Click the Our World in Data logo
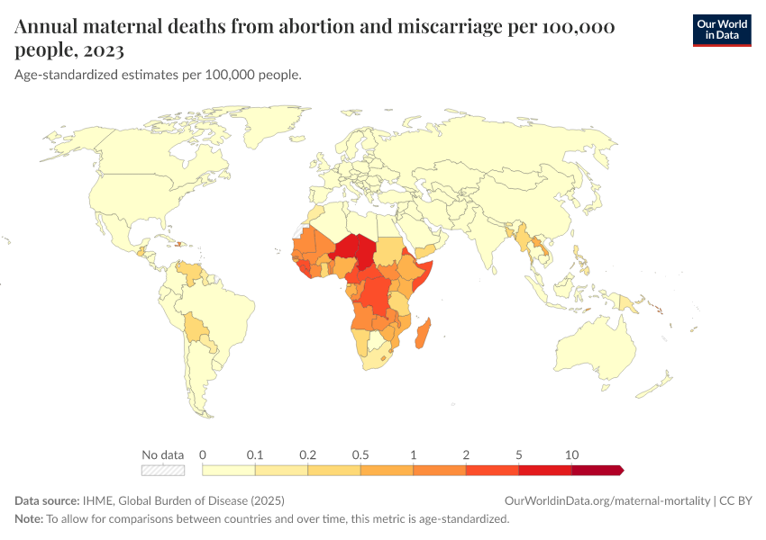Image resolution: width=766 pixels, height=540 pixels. (x=721, y=29)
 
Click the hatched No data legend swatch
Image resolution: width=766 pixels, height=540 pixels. (x=163, y=469)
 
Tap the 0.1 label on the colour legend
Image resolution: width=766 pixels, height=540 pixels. (x=255, y=454)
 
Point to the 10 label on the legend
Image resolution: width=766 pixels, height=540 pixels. (x=571, y=454)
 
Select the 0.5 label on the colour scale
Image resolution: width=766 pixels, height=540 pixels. (x=360, y=454)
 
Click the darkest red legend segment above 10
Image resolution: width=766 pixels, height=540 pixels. (x=597, y=469)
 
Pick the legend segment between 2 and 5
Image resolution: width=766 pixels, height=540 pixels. (x=492, y=469)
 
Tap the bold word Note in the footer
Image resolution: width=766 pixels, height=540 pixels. (x=30, y=519)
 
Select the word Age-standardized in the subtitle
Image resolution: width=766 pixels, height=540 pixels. (x=59, y=75)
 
